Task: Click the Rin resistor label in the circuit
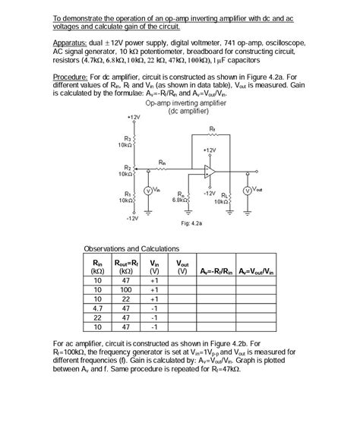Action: click(163, 161)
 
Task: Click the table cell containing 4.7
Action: click(97, 308)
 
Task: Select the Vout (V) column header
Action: click(182, 267)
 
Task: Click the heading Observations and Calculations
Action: click(131, 248)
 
